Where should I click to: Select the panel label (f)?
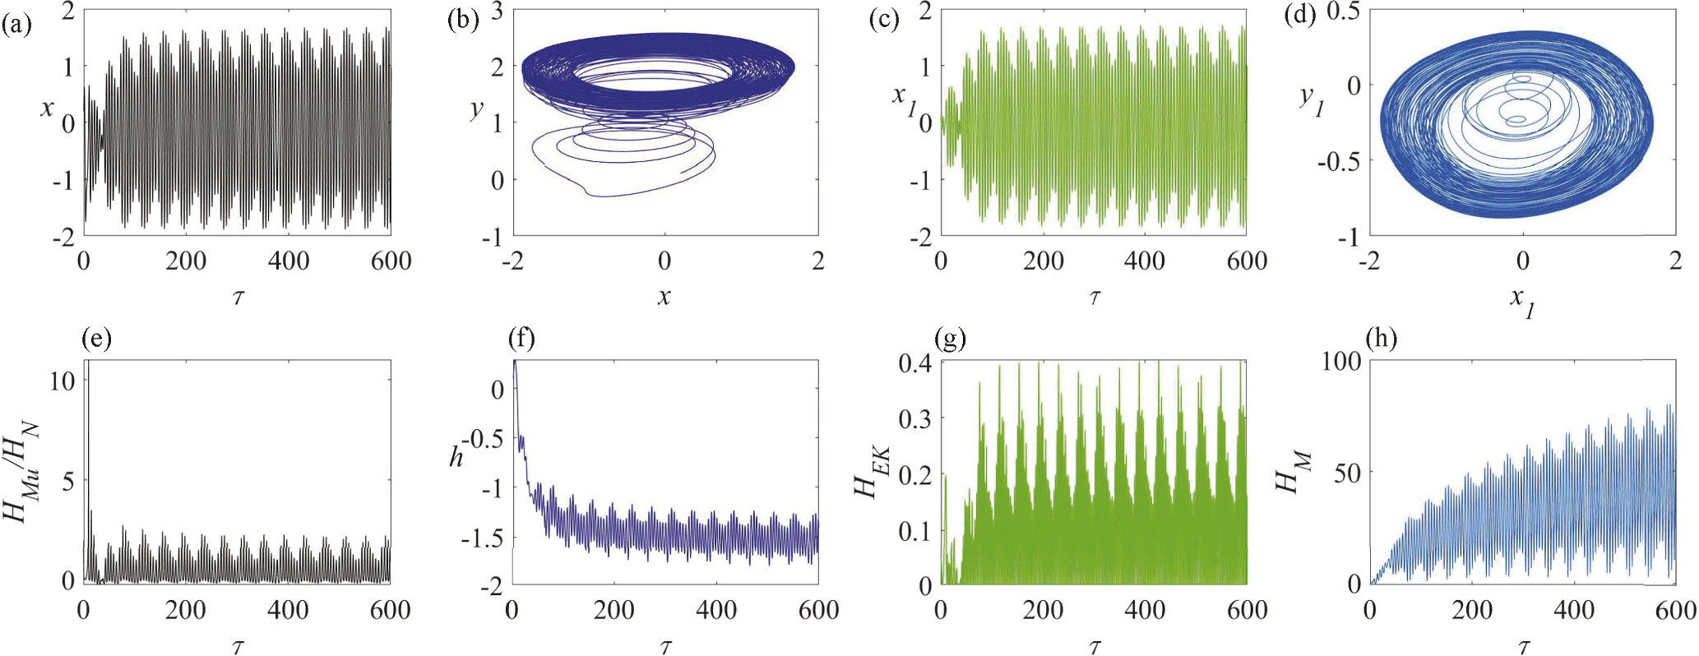coord(521,339)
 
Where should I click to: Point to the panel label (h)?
coord(1380,339)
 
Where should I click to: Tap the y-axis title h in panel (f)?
coord(456,457)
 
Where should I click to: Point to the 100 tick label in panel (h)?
coord(1340,362)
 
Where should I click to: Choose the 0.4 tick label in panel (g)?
coord(914,363)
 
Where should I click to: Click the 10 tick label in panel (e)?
coord(63,381)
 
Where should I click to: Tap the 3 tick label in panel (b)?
coord(498,12)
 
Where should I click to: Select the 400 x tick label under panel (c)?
coord(1145,261)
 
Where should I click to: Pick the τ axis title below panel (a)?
coord(238,298)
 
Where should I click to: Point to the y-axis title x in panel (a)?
coord(48,107)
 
